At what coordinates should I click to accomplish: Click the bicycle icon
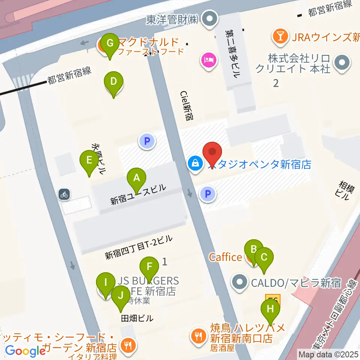click(64, 194)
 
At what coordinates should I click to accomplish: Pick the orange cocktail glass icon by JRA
click(280, 36)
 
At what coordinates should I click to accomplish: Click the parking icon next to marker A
click(147, 141)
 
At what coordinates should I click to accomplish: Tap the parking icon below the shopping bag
click(209, 194)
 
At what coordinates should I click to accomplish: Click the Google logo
click(25, 351)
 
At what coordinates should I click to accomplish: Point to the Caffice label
click(225, 257)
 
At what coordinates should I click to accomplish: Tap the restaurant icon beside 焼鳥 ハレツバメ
click(198, 333)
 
